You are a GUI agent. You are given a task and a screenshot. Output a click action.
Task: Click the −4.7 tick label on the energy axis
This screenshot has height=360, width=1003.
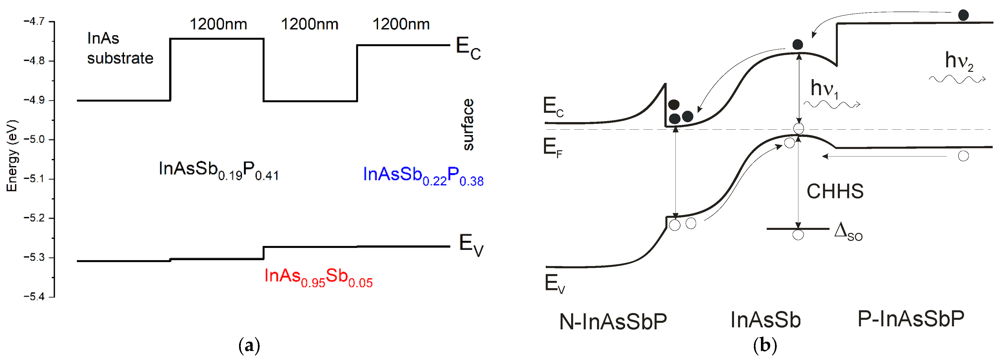coord(34,21)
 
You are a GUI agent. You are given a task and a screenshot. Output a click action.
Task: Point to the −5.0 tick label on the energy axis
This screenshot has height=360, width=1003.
coord(34,139)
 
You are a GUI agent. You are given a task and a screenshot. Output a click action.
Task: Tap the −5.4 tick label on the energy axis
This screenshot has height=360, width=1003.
coord(34,296)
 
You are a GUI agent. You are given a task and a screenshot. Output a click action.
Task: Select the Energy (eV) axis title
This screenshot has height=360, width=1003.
coord(12,156)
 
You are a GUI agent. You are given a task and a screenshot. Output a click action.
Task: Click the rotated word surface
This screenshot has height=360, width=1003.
coord(468,125)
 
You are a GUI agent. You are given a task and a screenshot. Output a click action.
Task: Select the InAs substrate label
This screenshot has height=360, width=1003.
coord(120,48)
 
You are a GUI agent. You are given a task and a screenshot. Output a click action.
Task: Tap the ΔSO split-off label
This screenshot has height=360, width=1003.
coord(848,232)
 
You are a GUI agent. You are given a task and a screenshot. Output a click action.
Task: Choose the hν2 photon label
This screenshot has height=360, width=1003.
coord(959,62)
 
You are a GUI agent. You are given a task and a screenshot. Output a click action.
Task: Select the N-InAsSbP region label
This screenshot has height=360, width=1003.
coord(613,322)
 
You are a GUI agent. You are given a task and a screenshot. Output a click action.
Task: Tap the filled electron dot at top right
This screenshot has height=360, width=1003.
coord(963,15)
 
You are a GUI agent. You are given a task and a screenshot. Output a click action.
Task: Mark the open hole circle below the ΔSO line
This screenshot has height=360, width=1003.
coord(798,235)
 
